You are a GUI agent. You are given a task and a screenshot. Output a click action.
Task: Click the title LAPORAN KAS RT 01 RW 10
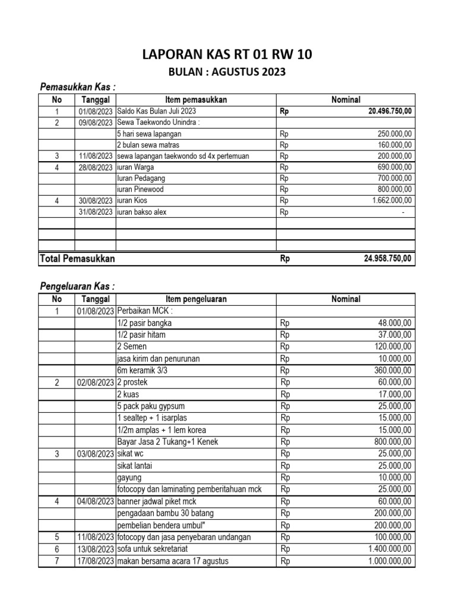(227, 55)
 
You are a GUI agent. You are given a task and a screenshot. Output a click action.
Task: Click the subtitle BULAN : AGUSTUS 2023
(227, 73)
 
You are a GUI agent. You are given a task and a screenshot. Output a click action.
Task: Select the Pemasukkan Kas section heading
(77, 87)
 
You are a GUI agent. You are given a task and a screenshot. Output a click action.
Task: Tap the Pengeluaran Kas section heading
(77, 287)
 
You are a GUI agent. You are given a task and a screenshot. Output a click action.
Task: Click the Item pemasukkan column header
(196, 100)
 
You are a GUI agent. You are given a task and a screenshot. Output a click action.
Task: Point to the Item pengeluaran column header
(196, 299)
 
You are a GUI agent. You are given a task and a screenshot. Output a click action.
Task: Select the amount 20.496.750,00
(389, 111)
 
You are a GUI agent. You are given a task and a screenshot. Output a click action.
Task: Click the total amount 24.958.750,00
(389, 259)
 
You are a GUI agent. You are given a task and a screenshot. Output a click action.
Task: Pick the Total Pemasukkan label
(77, 259)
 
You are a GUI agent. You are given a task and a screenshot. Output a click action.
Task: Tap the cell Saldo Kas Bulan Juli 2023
(156, 111)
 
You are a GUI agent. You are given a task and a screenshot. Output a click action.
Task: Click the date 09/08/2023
(95, 123)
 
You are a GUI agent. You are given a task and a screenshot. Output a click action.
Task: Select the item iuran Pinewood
(140, 190)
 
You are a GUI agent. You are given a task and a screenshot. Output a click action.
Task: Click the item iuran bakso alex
(143, 212)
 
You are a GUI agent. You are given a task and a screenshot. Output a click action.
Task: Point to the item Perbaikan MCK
(145, 311)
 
